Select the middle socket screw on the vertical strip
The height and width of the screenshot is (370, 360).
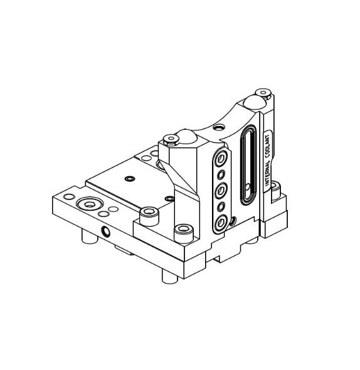(221, 190)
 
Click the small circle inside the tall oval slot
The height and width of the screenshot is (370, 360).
(248, 188)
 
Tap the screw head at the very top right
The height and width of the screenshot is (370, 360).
(263, 93)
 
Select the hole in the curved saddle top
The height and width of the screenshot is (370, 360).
(219, 128)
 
